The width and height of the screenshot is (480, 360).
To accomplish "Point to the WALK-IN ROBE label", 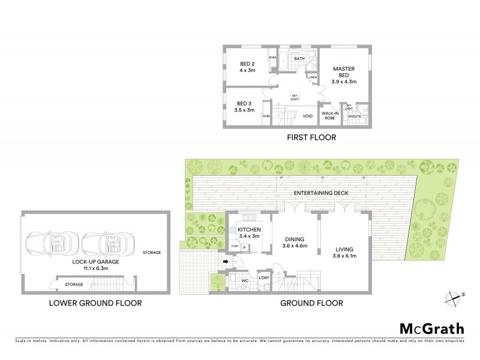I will (328, 115).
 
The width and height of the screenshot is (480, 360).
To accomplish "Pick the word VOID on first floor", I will (308, 116).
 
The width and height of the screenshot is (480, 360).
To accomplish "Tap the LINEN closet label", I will (312, 77).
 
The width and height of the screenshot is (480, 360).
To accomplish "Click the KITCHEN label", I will (249, 230).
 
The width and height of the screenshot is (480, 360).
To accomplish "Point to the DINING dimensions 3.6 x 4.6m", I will (295, 245).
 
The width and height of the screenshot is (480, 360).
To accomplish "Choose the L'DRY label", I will (263, 278).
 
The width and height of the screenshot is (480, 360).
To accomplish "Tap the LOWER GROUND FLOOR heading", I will (95, 304).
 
